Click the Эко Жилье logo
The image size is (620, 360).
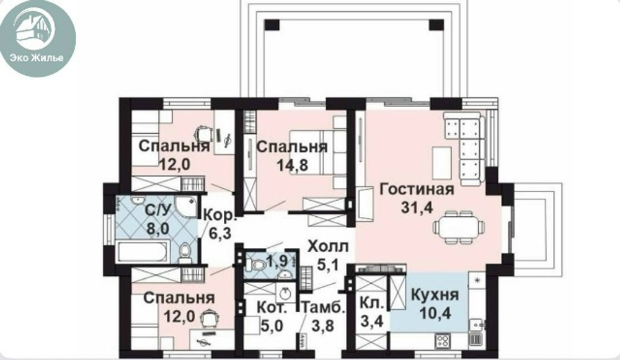38,38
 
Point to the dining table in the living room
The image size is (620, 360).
459,226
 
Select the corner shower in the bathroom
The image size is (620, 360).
185,208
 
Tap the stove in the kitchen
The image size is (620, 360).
444,340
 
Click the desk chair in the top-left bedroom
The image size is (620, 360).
204,133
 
